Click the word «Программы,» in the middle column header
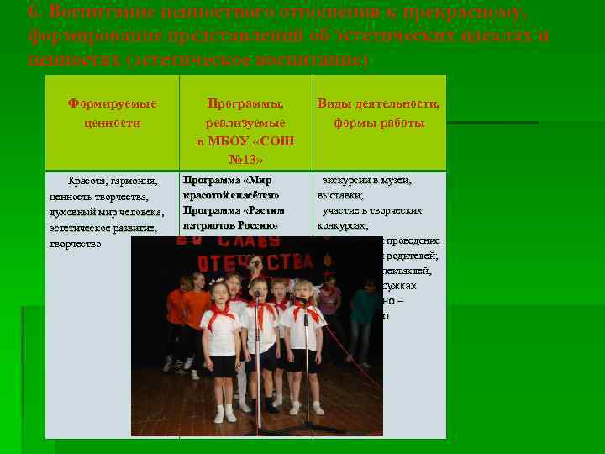click(x=245, y=103)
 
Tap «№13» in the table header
click(x=245, y=160)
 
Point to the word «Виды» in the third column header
click(x=334, y=103)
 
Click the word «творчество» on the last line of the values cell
click(x=76, y=243)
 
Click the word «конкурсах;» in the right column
click(x=343, y=225)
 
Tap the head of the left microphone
click(x=257, y=294)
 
